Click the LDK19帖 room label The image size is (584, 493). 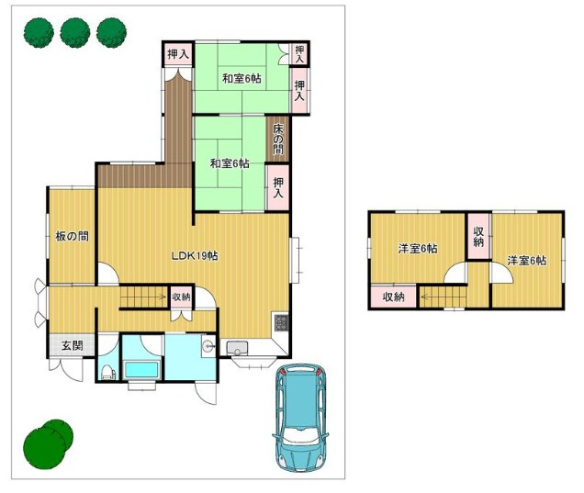195,256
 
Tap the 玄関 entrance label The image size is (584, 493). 73,346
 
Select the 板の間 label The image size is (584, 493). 72,236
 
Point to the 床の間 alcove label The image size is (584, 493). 278,139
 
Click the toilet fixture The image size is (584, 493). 107,372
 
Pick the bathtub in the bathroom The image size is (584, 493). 141,369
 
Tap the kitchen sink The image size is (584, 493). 236,348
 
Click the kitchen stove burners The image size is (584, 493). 282,322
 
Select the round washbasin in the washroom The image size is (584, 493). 208,346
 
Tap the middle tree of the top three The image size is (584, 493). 75,33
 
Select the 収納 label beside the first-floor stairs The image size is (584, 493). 182,297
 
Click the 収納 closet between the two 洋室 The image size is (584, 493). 478,237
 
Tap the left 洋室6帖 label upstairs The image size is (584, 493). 418,249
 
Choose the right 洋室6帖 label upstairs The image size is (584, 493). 527,261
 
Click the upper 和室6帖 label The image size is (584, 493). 241,79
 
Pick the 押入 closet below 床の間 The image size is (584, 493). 278,187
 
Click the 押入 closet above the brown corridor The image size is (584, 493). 178,54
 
